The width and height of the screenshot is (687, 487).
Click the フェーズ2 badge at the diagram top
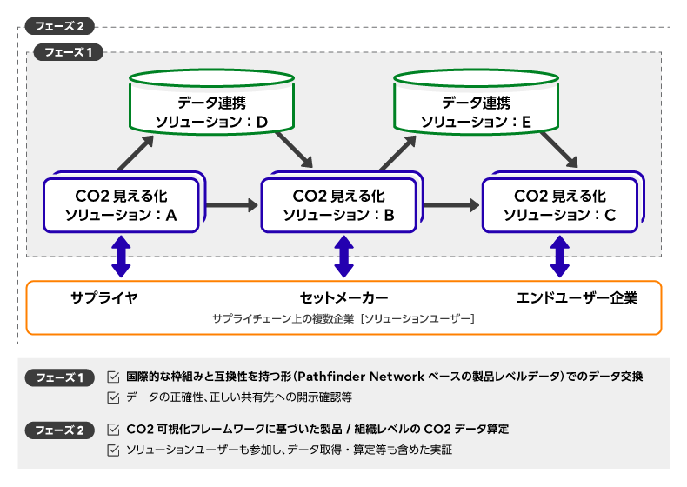(60, 26)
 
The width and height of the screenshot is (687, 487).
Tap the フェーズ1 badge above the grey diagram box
(69, 52)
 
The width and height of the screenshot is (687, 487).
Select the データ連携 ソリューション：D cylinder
(211, 102)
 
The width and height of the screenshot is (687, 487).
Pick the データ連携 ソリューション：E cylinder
(477, 102)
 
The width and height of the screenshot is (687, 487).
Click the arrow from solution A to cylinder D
(136, 153)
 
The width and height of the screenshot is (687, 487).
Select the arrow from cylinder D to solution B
(294, 150)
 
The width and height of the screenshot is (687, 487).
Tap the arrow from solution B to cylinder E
(397, 153)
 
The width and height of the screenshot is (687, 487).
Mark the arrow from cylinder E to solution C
(558, 150)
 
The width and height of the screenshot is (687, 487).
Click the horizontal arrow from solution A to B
(232, 204)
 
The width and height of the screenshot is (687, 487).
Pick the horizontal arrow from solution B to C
(451, 204)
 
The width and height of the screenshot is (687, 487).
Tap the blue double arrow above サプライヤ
(122, 257)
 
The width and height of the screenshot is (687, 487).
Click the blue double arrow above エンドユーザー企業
(559, 257)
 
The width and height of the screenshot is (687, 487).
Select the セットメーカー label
(344, 298)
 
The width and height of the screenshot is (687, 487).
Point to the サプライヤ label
(104, 297)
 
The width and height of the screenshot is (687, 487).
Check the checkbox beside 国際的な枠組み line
(113, 377)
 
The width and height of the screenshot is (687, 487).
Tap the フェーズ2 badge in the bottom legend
(60, 430)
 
